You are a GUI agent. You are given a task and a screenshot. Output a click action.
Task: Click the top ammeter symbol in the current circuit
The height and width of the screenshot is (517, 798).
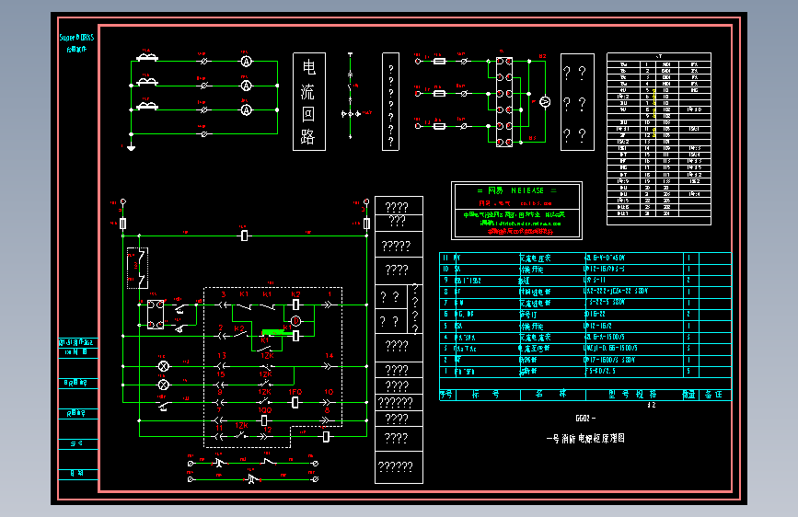[247, 60]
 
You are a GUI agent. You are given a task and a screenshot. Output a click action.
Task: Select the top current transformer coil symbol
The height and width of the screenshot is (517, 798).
[146, 58]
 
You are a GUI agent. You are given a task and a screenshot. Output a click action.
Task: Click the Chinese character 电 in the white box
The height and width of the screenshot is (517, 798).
[309, 66]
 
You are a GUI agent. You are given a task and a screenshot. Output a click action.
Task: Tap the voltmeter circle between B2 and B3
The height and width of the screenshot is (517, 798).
[543, 100]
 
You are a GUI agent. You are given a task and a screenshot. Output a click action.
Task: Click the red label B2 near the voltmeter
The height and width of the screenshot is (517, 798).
[542, 57]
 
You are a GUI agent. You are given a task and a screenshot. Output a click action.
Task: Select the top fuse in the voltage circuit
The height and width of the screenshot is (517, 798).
[440, 62]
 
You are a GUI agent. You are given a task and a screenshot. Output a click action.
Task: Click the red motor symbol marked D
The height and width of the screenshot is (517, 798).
[296, 320]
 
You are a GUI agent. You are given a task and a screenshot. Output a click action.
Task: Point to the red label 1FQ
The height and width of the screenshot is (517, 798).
[295, 392]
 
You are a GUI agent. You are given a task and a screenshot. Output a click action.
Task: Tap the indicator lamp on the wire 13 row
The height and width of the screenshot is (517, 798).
[165, 366]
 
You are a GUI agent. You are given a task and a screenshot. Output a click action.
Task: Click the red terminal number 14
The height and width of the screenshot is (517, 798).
[329, 356]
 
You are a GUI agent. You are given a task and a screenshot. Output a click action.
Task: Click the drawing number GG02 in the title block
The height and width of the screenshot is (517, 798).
[585, 419]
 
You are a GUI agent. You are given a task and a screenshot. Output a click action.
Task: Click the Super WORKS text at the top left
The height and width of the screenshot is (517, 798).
[76, 38]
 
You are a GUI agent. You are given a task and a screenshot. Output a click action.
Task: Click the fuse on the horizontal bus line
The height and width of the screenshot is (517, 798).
[244, 236]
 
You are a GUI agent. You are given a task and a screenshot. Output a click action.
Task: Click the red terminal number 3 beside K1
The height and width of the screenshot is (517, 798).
[223, 293]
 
